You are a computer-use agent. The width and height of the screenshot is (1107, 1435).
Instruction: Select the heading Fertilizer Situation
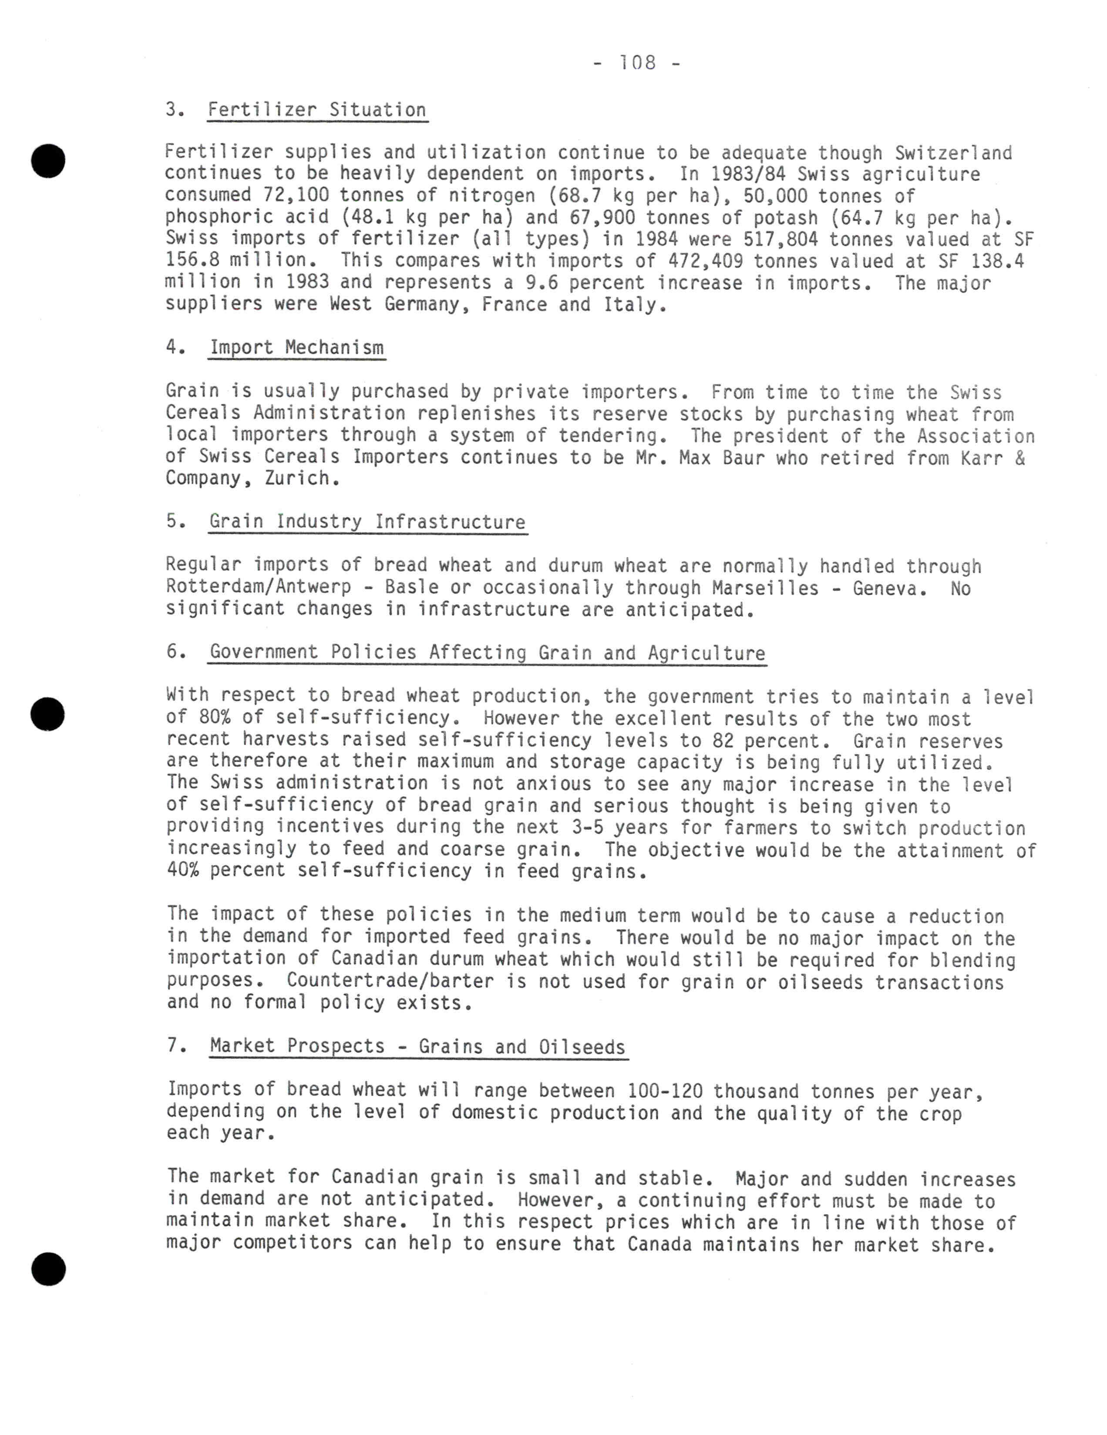[x=317, y=110]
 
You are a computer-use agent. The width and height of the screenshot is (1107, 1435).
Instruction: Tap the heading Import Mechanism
[x=296, y=348]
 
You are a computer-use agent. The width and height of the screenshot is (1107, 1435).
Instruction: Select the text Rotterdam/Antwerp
[x=258, y=586]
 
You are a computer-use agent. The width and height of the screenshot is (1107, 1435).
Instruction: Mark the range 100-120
[x=665, y=1091]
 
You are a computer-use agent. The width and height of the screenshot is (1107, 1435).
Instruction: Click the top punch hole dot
[x=49, y=160]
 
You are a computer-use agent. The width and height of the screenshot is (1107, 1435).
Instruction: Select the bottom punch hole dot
[x=49, y=1269]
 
